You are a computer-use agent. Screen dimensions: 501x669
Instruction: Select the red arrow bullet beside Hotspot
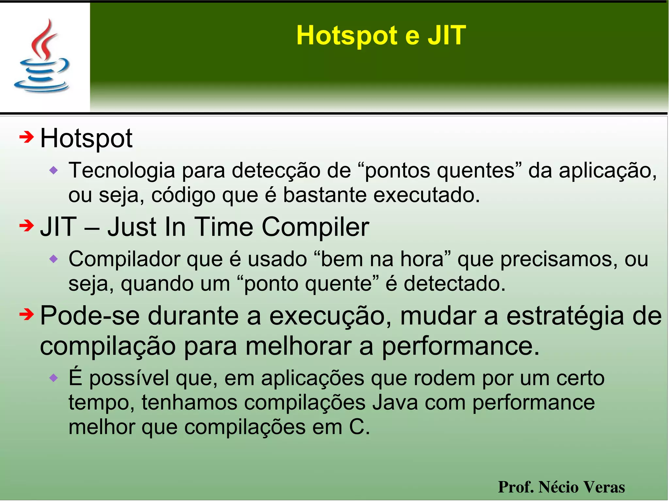pyautogui.click(x=27, y=137)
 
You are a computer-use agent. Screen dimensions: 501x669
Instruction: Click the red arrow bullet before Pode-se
pyautogui.click(x=27, y=314)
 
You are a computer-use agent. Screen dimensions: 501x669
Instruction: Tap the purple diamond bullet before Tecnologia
pyautogui.click(x=54, y=170)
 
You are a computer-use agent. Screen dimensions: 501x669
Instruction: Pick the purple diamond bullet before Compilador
pyautogui.click(x=54, y=259)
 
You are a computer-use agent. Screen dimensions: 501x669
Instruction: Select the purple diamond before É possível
pyautogui.click(x=54, y=378)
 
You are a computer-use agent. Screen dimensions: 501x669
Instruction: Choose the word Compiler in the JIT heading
pyautogui.click(x=315, y=227)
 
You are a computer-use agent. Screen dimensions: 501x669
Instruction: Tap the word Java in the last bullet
pyautogui.click(x=395, y=402)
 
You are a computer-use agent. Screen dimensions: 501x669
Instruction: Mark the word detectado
pyautogui.click(x=454, y=283)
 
